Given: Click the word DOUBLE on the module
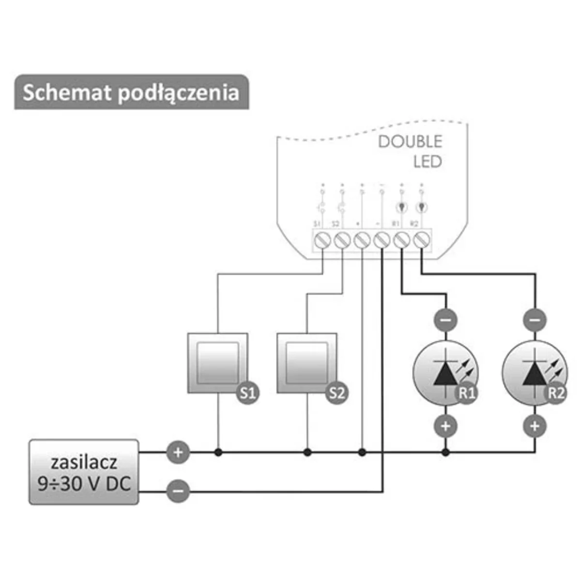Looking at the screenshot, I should click(410, 141).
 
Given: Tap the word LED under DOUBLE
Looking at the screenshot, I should click(428, 162).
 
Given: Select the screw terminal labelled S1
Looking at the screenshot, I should click(323, 240).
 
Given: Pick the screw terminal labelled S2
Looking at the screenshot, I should click(342, 240).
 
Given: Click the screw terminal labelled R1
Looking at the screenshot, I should click(401, 240).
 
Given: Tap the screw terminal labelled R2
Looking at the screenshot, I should click(421, 240).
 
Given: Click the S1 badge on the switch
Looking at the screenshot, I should click(247, 393).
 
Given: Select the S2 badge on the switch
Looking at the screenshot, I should click(336, 393).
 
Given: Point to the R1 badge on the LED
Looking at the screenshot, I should click(467, 393).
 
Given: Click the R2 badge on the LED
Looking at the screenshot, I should click(556, 393).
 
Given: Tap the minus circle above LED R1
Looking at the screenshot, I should click(445, 320).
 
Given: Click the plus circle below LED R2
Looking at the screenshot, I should click(535, 426).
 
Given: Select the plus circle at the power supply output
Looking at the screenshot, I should click(178, 453).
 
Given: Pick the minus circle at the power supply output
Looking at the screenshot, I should click(178, 491).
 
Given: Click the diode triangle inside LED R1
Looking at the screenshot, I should click(444, 373).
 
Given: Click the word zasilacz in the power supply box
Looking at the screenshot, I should click(84, 462).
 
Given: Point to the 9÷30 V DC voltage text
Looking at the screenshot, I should click(84, 483).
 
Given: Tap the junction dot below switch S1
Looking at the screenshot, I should click(218, 453).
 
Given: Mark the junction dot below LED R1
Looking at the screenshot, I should click(445, 453).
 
